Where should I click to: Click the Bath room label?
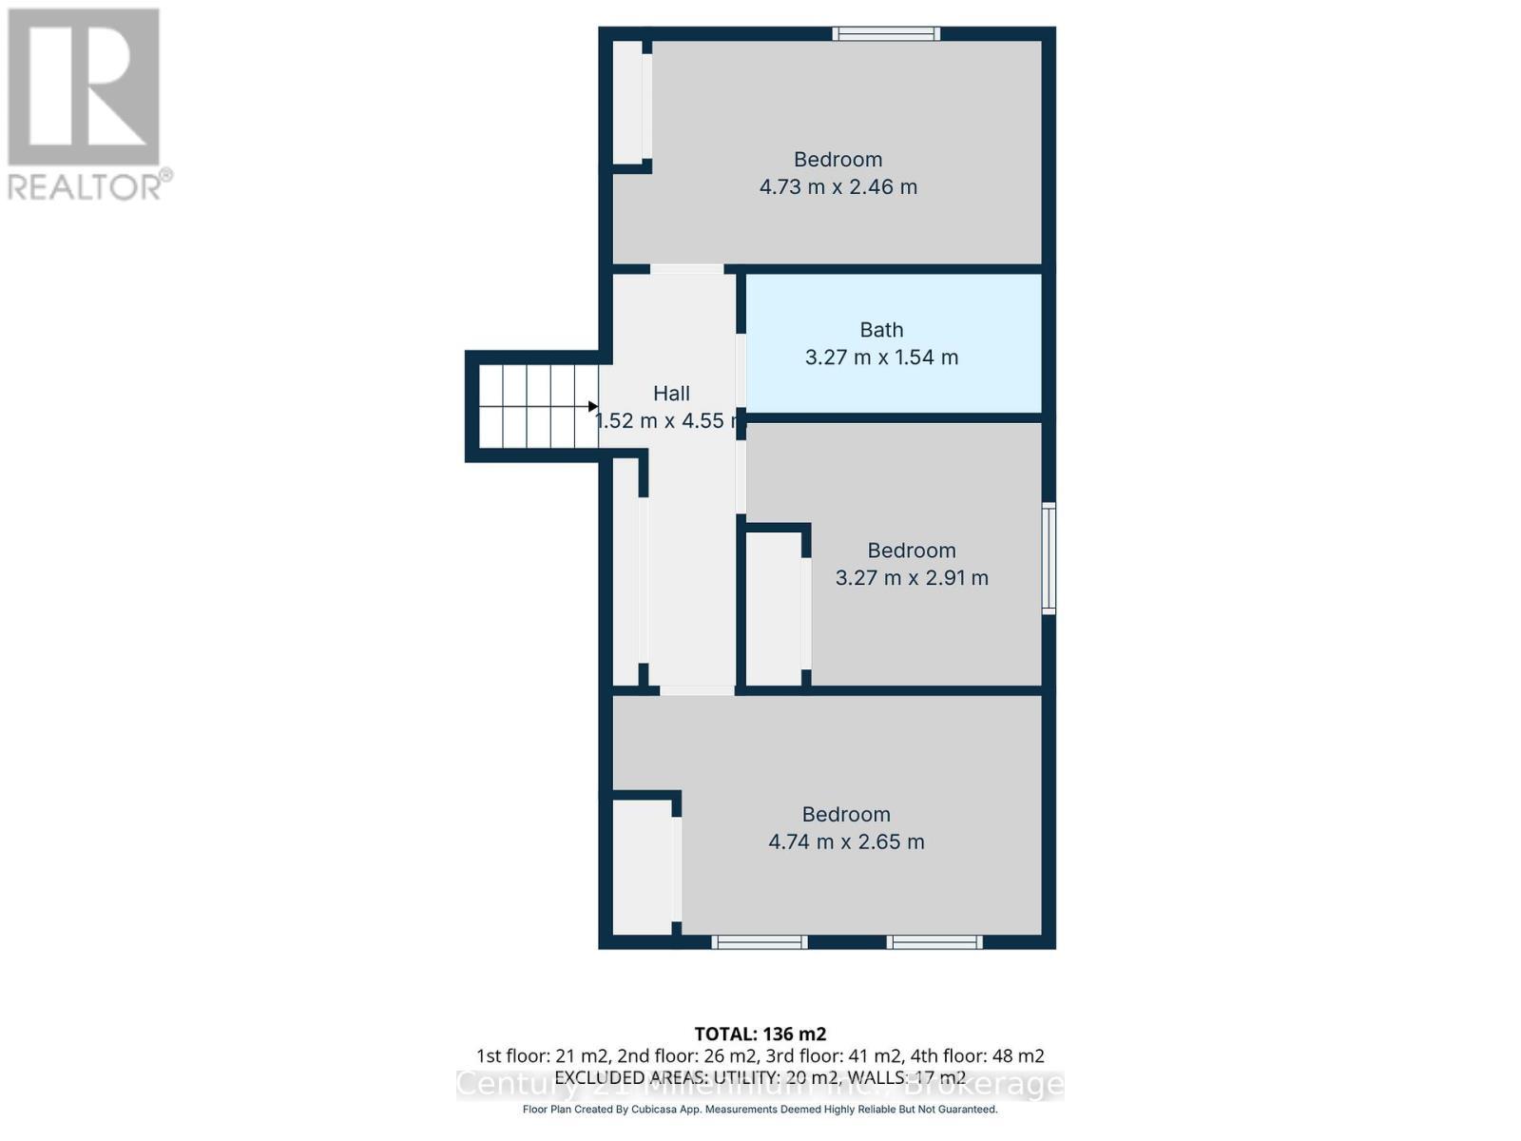tap(881, 330)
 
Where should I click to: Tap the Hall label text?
tap(671, 393)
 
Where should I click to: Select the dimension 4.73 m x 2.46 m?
tap(838, 186)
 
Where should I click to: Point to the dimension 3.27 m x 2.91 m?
tap(912, 577)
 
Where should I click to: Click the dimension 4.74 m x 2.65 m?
tap(846, 841)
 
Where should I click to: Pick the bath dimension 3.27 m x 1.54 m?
tap(881, 358)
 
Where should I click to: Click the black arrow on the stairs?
tap(593, 407)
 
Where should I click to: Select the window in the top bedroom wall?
tap(886, 34)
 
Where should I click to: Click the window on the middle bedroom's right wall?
tap(1049, 558)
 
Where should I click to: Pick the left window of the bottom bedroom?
tap(760, 942)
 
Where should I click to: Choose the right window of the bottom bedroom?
tap(934, 942)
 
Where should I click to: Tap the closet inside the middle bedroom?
tap(775, 609)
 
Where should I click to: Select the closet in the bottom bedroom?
tap(642, 866)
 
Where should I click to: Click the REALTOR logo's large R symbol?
tap(84, 87)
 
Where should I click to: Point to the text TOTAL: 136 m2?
tap(760, 1034)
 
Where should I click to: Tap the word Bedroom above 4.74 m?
tap(846, 815)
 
